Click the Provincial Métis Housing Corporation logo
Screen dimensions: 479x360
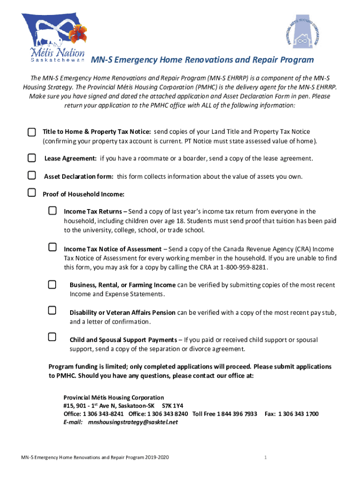click(x=303, y=34)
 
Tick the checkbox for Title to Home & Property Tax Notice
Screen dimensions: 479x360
click(x=31, y=132)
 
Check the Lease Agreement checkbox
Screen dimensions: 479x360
click(x=31, y=158)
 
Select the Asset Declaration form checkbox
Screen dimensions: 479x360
click(x=31, y=175)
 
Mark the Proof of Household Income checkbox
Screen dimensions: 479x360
click(x=31, y=192)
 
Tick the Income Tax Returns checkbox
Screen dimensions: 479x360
click(x=52, y=210)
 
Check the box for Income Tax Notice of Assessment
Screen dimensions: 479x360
click(x=52, y=247)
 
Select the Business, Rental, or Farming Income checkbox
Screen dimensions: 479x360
click(x=52, y=283)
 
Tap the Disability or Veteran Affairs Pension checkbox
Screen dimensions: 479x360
click(x=52, y=310)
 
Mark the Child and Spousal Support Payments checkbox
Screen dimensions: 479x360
click(x=52, y=337)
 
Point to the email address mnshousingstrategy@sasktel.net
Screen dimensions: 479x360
click(x=133, y=422)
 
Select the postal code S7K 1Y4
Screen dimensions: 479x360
click(x=172, y=406)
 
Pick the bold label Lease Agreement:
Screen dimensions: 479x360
click(x=71, y=159)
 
